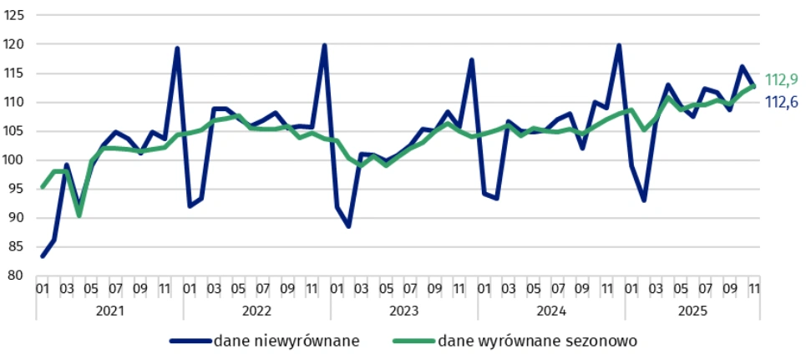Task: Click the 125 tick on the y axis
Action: [x=17, y=15]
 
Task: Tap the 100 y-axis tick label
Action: [x=17, y=160]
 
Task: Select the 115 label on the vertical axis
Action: [x=17, y=74]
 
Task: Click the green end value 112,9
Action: [x=782, y=80]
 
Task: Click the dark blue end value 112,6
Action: [x=782, y=101]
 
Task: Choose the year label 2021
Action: [x=109, y=311]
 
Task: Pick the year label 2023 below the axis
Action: [x=403, y=311]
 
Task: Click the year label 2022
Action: [x=256, y=311]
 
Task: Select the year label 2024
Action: [x=550, y=311]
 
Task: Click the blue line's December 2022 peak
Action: [x=324, y=45]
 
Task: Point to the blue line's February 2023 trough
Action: [x=348, y=226]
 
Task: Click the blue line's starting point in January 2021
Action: [x=43, y=256]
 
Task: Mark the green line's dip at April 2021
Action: [x=79, y=215]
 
